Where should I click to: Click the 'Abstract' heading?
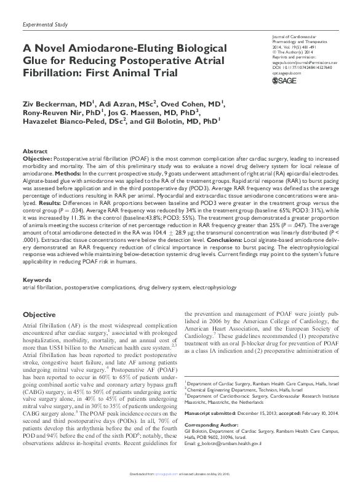coord(34,151)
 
